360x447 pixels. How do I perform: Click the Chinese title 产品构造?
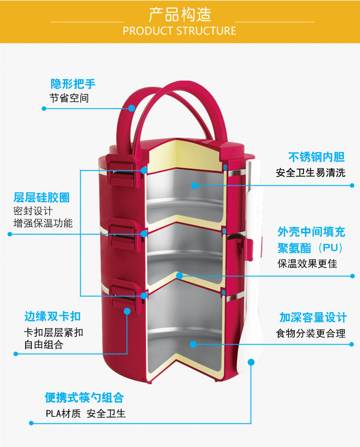point(180,15)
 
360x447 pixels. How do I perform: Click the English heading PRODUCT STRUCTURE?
point(180,31)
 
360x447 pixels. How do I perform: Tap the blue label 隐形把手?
point(73,84)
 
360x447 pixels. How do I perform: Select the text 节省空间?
point(69,98)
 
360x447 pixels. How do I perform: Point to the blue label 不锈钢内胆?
point(316,157)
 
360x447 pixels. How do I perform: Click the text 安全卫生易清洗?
point(310,173)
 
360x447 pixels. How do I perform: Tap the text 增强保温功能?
point(43,223)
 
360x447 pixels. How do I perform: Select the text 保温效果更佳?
point(307,264)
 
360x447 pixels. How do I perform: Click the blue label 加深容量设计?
point(313,317)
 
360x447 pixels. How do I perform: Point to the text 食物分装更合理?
point(310,334)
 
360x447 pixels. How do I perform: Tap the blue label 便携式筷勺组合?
point(84,397)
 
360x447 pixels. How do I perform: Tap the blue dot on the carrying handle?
point(132,108)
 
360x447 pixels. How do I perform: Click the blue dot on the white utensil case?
point(251,362)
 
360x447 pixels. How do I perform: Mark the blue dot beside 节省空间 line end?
point(44,108)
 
